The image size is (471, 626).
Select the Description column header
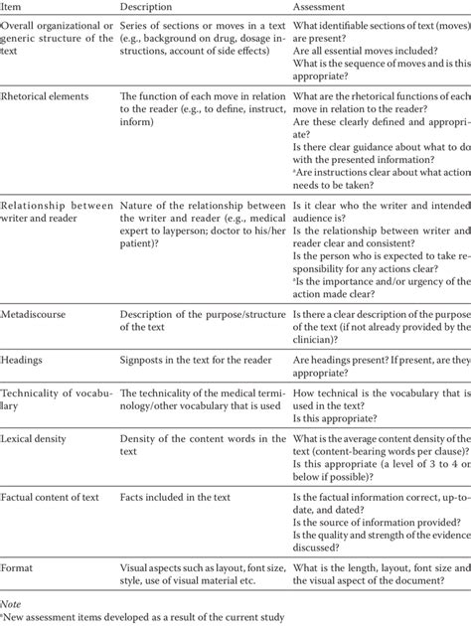150,8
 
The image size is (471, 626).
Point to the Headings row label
28,363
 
